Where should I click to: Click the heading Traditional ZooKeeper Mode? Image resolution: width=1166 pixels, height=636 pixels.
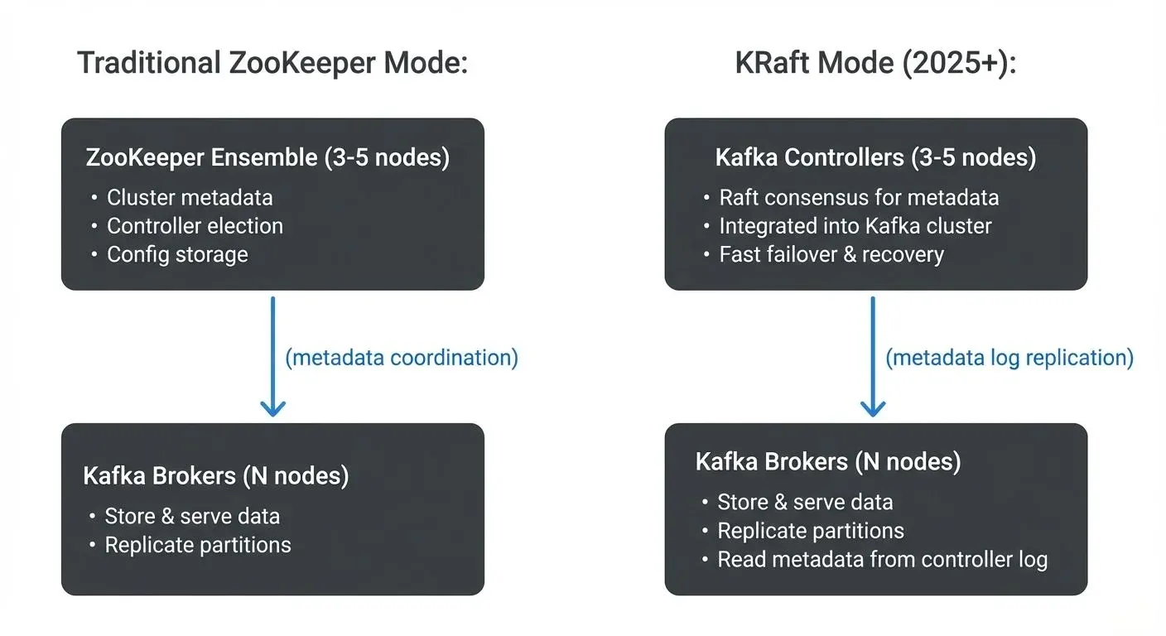(272, 64)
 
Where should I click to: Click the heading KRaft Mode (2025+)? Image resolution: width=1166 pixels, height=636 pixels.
(875, 64)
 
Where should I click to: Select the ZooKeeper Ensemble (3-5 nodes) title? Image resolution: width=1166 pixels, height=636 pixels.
(267, 157)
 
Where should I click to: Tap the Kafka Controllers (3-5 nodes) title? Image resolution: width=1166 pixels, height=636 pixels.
(875, 157)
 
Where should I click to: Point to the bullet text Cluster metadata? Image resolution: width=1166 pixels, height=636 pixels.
(190, 197)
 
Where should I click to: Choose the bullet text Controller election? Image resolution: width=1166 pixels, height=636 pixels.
(195, 226)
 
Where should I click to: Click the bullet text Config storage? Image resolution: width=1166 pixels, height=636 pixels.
(177, 254)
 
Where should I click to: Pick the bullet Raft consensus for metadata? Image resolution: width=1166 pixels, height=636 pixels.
(859, 197)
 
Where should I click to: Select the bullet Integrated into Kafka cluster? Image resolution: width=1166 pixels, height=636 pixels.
(855, 226)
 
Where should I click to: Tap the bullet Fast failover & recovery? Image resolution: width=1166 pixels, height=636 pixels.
(831, 254)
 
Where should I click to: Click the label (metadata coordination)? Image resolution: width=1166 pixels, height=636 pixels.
(402, 357)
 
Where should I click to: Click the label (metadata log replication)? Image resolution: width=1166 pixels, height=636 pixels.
(1009, 357)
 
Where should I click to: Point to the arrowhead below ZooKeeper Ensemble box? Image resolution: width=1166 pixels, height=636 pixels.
(272, 407)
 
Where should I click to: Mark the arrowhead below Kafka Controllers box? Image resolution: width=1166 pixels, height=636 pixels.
(873, 407)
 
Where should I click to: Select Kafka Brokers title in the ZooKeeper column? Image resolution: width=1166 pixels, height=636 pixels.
(216, 476)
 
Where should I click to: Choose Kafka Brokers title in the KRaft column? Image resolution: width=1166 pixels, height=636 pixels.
(828, 461)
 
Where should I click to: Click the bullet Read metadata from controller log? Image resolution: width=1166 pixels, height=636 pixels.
(882, 559)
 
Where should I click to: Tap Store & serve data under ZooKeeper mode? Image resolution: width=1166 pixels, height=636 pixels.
(192, 516)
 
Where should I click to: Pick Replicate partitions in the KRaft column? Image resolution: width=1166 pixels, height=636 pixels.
(811, 531)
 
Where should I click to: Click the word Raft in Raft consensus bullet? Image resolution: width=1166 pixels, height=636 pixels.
(736, 197)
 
